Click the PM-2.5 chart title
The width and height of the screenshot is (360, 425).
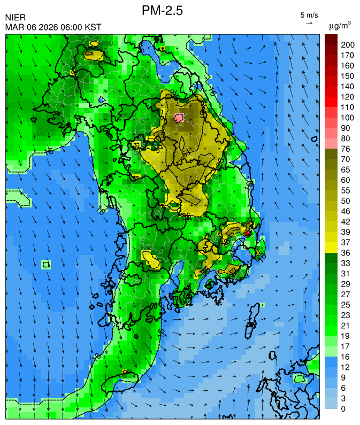coord(163,10)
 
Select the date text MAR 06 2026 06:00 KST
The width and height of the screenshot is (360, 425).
coord(53,27)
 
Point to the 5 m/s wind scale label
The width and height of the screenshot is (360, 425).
coord(310,15)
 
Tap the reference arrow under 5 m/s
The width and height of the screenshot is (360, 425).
coord(309,23)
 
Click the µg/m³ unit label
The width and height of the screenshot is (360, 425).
coord(340,25)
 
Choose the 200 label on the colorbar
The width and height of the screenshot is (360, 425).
coord(347,45)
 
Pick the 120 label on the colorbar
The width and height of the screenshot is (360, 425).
coord(347,97)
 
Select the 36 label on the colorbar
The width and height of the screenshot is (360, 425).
coord(345,252)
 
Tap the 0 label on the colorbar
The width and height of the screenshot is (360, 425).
coord(343,409)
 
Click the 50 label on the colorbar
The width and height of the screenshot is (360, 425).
coord(345,200)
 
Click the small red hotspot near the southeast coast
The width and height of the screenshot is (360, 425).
coord(248,233)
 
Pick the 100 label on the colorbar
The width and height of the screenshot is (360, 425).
coord(347,118)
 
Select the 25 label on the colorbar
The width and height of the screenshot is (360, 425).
coord(345,304)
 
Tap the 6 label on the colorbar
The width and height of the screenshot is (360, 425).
coord(343,388)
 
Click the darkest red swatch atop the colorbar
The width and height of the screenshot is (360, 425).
coord(331,39)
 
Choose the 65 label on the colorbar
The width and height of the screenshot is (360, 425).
coord(345,169)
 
